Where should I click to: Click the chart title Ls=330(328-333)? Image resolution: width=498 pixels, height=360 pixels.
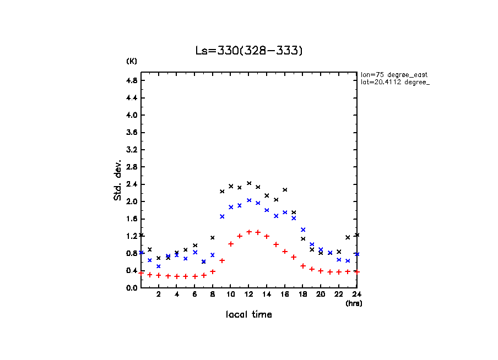click(249, 51)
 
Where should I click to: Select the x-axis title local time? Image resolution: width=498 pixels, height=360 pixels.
click(248, 315)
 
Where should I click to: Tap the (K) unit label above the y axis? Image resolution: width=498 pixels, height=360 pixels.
click(132, 61)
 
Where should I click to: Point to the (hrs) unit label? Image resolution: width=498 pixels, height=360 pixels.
click(354, 303)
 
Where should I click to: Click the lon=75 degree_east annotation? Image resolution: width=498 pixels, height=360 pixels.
click(394, 74)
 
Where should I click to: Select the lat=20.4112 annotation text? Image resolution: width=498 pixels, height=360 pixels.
click(392, 82)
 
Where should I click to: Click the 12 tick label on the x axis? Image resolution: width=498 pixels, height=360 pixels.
click(249, 295)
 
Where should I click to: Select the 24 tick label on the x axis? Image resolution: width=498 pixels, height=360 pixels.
click(357, 295)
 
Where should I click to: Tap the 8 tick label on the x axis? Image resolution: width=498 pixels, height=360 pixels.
click(213, 295)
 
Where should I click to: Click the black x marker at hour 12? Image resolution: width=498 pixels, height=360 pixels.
click(249, 183)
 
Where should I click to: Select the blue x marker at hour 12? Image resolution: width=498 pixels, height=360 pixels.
click(249, 200)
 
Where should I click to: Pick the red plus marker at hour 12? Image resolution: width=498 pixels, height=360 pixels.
click(249, 232)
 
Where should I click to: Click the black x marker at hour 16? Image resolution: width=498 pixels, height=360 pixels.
click(285, 190)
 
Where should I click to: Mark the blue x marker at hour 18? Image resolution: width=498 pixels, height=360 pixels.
click(303, 230)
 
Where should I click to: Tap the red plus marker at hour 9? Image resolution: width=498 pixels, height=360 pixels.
click(222, 260)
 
